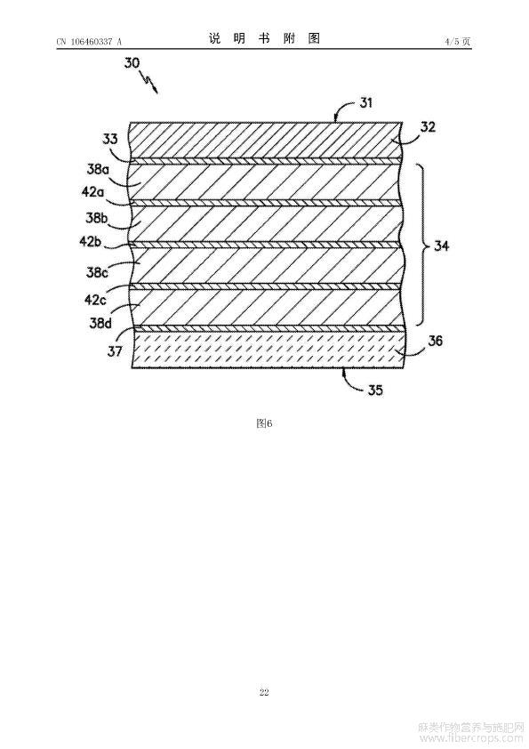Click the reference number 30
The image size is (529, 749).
tap(132, 62)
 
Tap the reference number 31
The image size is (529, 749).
tap(365, 102)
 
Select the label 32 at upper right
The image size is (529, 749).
tap(428, 127)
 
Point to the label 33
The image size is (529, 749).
tap(110, 139)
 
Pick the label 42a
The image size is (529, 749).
tap(93, 192)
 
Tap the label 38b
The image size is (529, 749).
tap(96, 218)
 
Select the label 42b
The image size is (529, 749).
tap(91, 241)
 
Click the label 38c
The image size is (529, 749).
tap(97, 272)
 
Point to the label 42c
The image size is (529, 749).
tap(95, 300)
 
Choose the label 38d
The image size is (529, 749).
tap(100, 323)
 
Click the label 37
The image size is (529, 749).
tap(115, 352)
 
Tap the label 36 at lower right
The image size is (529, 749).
tap(435, 341)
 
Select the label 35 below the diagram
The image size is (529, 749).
tap(375, 391)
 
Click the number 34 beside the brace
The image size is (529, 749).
tap(441, 246)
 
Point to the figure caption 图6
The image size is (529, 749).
tap(264, 423)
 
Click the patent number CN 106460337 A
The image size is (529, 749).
tap(89, 42)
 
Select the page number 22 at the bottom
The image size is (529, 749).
tap(264, 693)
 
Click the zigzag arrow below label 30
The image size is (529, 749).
tap(148, 82)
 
